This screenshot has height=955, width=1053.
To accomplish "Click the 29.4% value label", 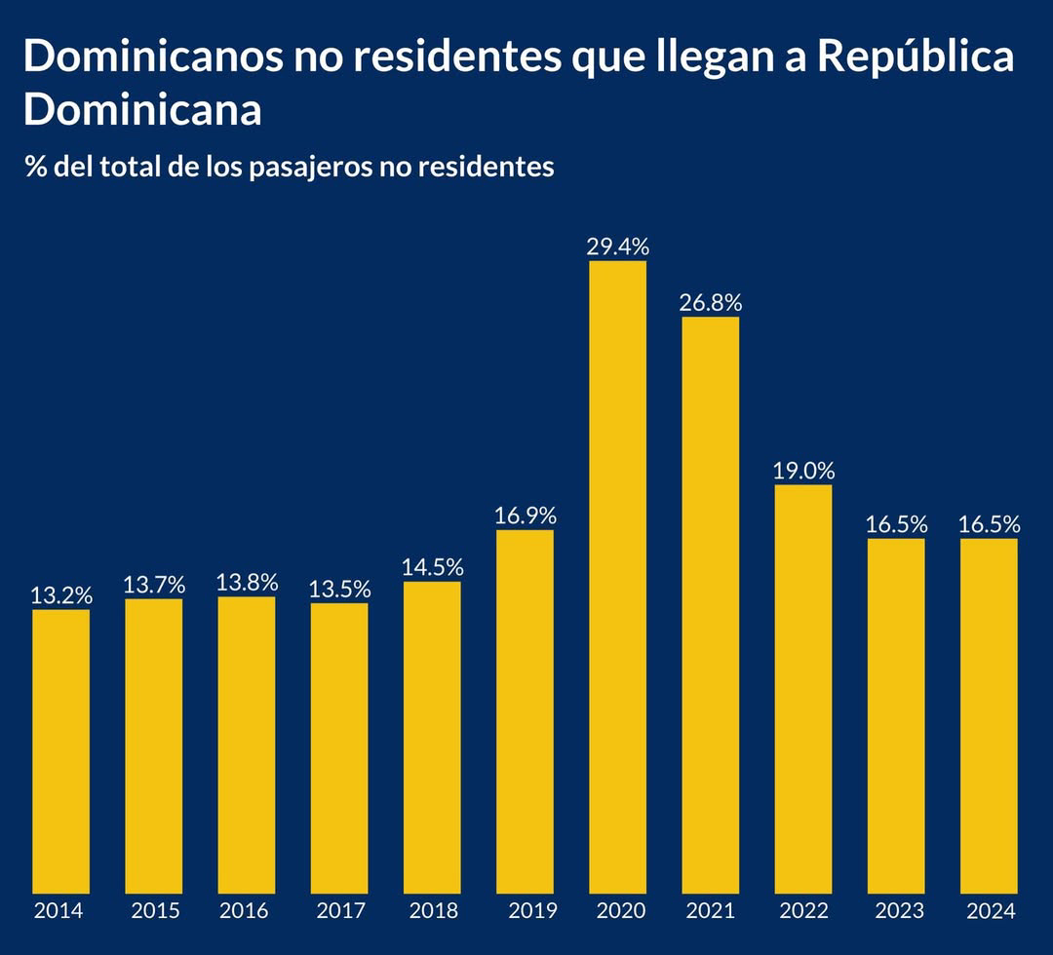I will pos(618,247).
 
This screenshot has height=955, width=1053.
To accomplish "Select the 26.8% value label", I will pos(711,303).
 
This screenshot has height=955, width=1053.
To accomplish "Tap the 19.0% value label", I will pos(803,471).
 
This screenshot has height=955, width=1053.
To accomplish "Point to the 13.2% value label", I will pos(61,595).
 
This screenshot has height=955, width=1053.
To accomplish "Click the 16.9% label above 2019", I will pos(525,516).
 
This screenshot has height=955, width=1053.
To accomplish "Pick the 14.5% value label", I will pos(432,567).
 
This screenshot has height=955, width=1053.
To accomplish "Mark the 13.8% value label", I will pos(247,583).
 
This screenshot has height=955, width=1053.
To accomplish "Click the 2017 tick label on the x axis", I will pos(341,911).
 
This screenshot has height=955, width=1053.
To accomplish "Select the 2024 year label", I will pos(991,911).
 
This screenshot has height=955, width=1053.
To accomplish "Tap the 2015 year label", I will pos(155,911).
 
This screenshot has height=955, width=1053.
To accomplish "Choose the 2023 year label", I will pos(897,911).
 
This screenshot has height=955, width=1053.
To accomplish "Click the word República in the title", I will pos(915,57).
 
